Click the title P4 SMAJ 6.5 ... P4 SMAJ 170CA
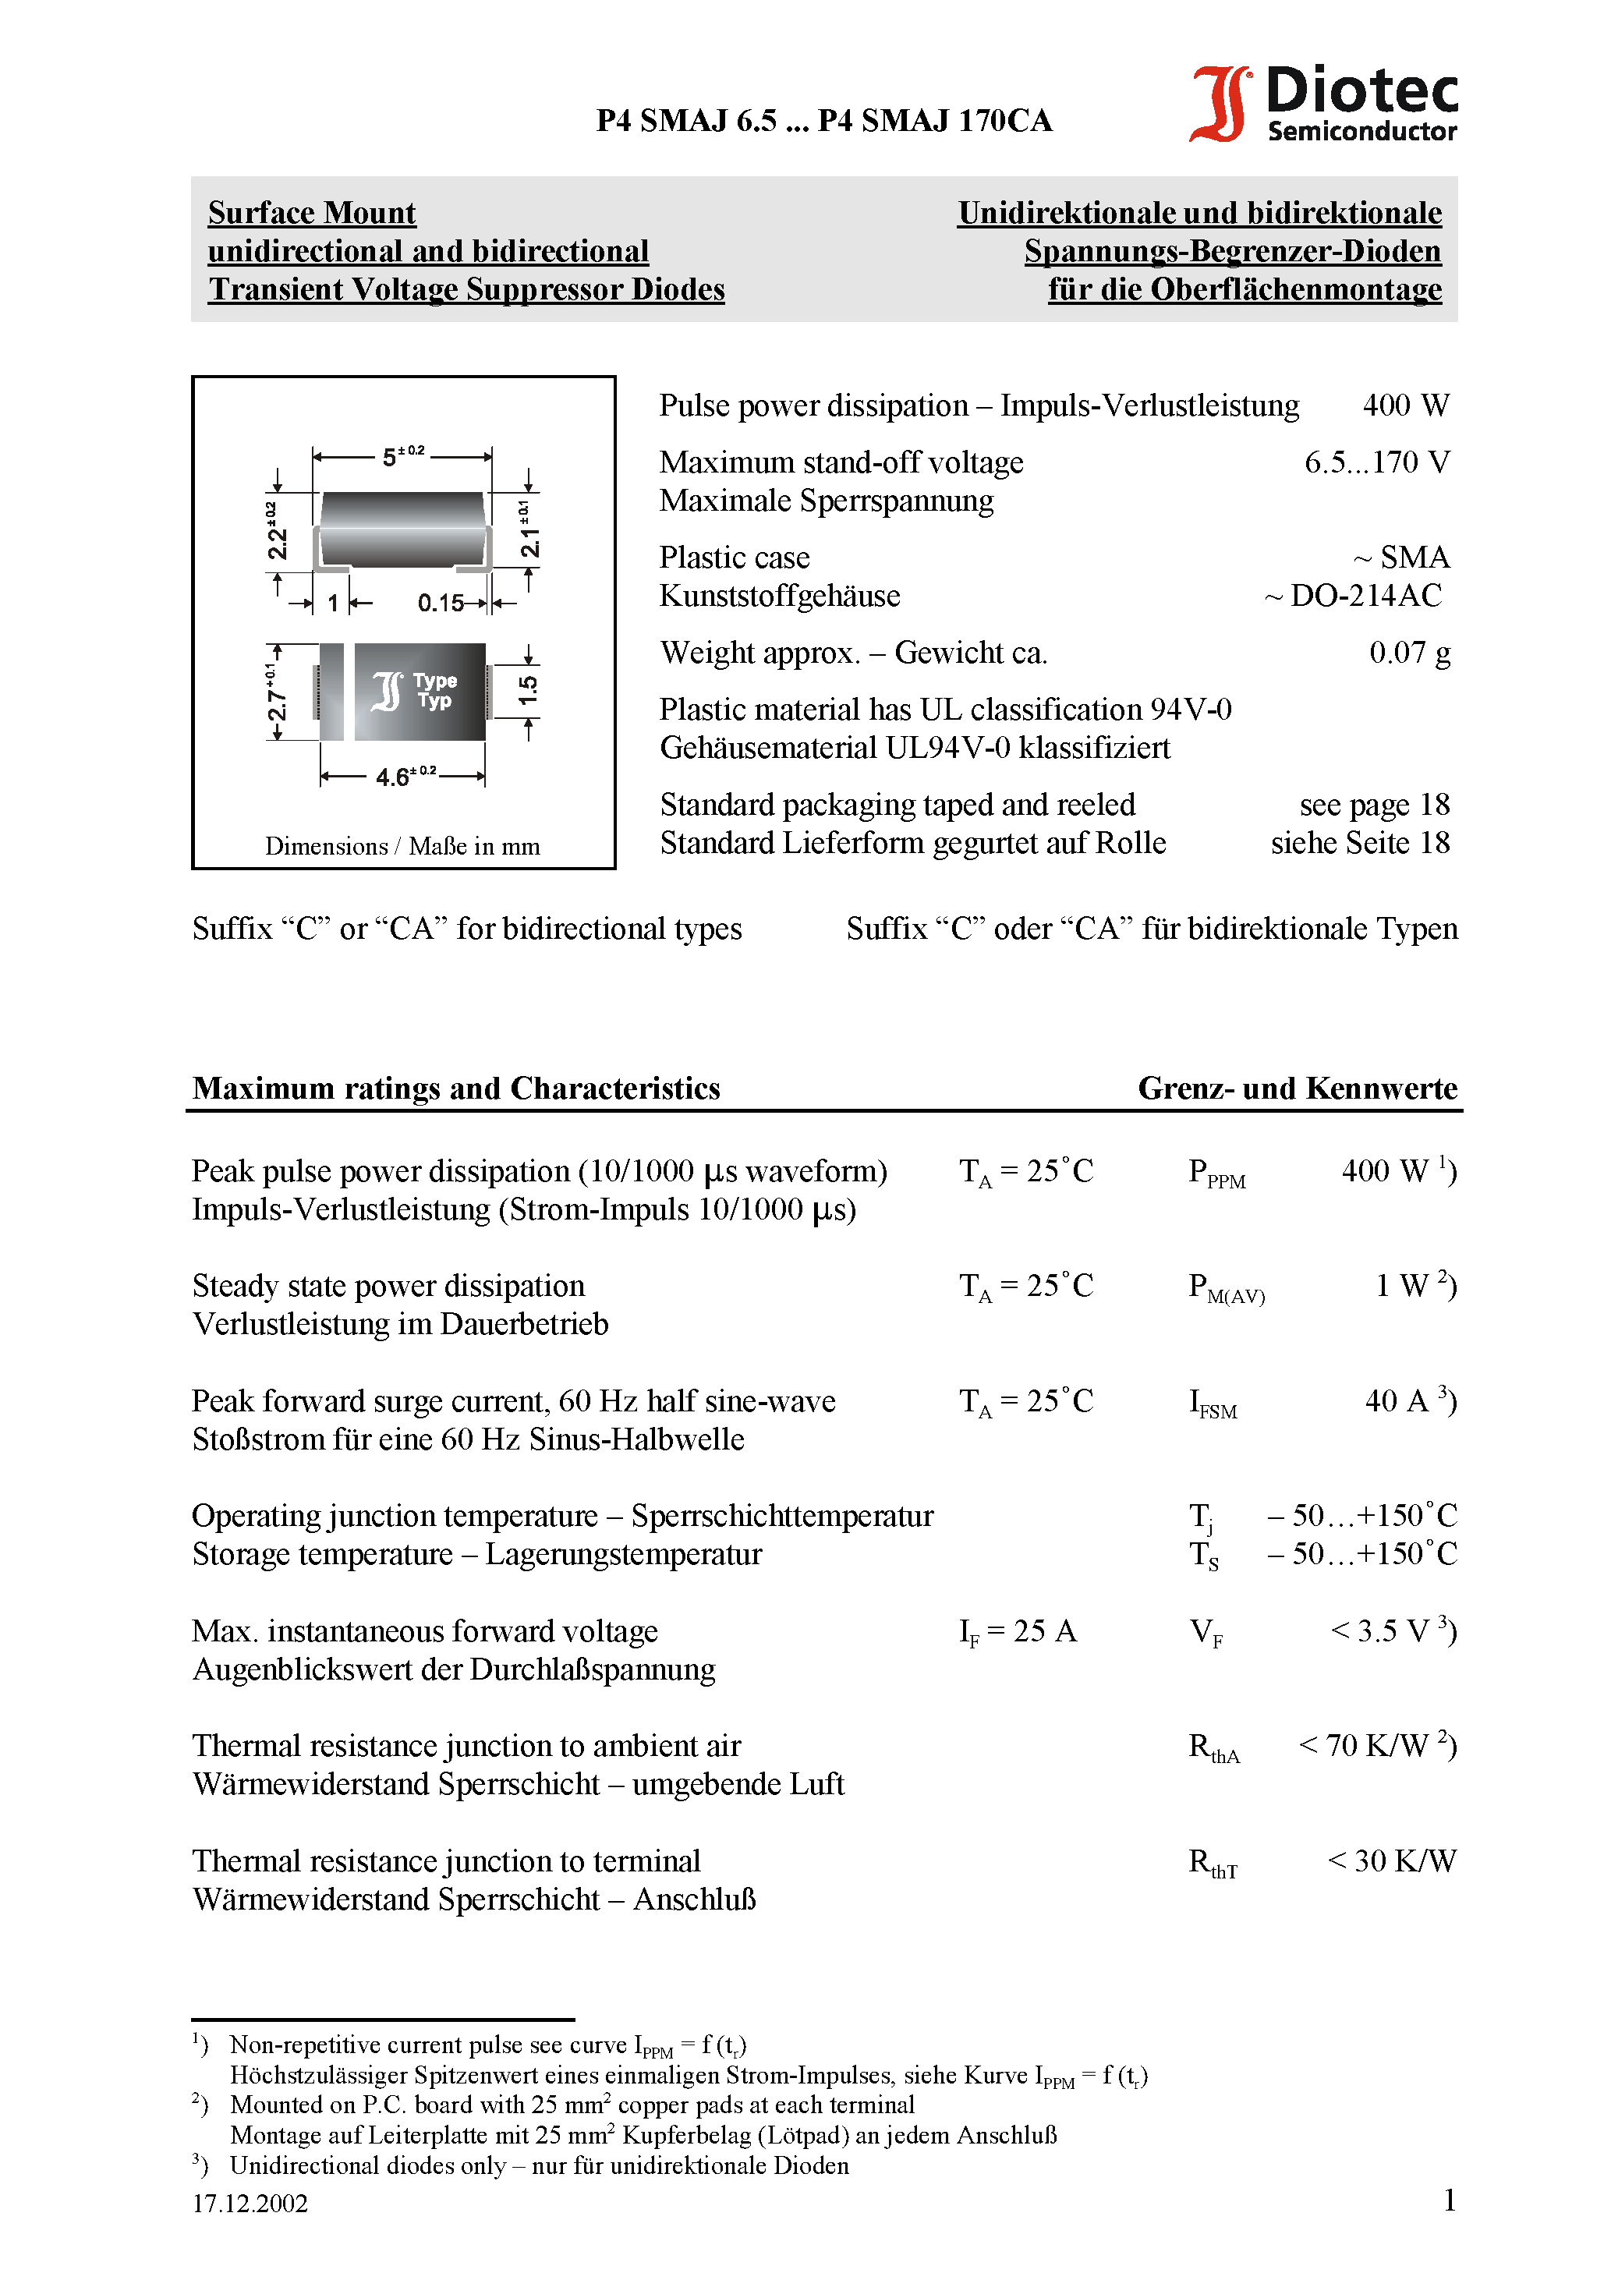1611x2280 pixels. (x=823, y=121)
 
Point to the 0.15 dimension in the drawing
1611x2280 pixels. (x=440, y=603)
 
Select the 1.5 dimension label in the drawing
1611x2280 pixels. (x=529, y=690)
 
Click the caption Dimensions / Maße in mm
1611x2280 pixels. (x=402, y=846)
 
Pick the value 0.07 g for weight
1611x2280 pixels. (x=1408, y=653)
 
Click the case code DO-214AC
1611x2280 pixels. (x=1365, y=596)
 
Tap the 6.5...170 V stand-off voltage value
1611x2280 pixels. (x=1376, y=462)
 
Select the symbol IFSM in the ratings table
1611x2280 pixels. (x=1213, y=1403)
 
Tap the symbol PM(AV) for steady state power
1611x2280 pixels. (x=1226, y=1288)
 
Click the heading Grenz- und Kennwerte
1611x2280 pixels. (x=1296, y=1089)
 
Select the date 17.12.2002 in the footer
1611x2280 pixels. (x=250, y=2204)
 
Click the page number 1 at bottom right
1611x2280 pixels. (x=1449, y=2200)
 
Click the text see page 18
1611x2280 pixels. (x=1374, y=805)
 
